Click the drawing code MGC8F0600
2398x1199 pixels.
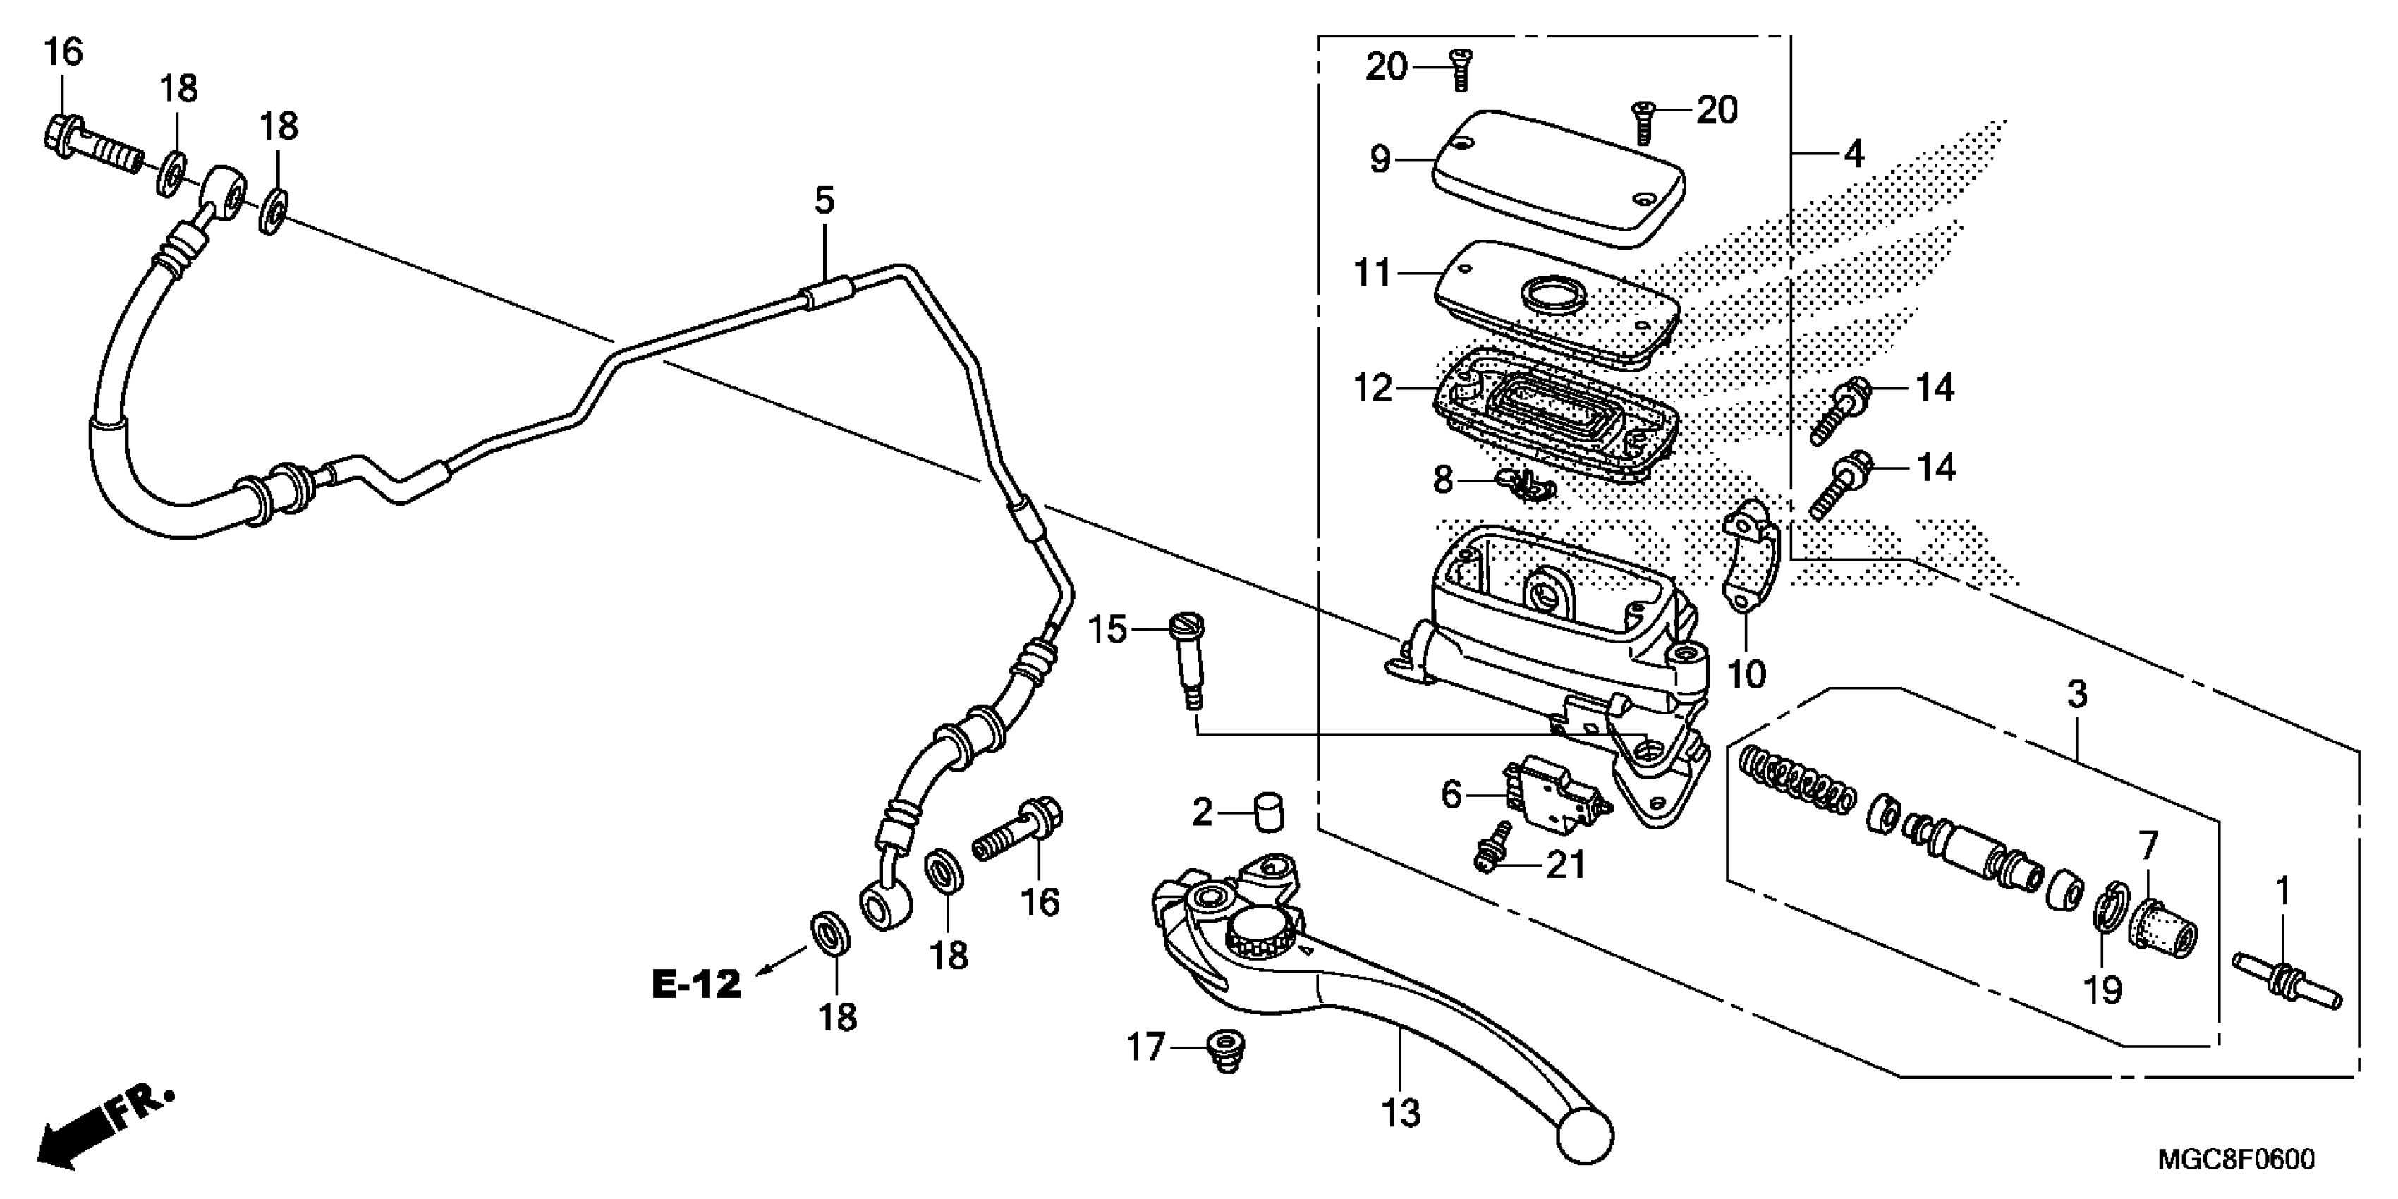2235,1160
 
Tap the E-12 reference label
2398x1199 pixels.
695,984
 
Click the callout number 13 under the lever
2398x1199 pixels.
1400,1112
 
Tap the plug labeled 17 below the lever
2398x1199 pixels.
1226,1049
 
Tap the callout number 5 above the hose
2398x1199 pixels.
824,200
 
